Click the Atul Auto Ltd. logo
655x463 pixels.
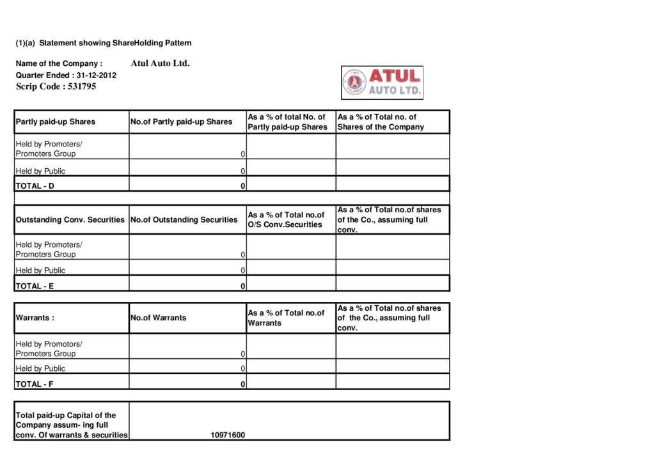[x=382, y=82]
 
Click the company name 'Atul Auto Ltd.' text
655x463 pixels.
[x=160, y=63]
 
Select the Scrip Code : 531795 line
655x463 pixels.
[x=56, y=86]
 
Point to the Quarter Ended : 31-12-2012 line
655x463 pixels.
[x=66, y=75]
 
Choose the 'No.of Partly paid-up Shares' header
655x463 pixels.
[x=181, y=122]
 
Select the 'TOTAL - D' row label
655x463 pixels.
[x=35, y=186]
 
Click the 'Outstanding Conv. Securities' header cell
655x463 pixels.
[x=70, y=219]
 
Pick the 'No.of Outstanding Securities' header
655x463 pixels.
[x=184, y=219]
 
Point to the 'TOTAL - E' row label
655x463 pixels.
[x=35, y=286]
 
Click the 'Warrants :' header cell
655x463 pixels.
[x=35, y=317]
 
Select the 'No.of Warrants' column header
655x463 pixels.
[x=158, y=317]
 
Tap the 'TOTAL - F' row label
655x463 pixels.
[x=35, y=384]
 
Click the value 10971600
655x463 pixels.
[x=228, y=436]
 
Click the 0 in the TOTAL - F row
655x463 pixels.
[x=243, y=384]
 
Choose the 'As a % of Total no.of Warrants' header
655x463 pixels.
[x=286, y=318]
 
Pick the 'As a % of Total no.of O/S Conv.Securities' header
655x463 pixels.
[x=286, y=219]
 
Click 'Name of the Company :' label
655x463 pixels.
[x=59, y=63]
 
